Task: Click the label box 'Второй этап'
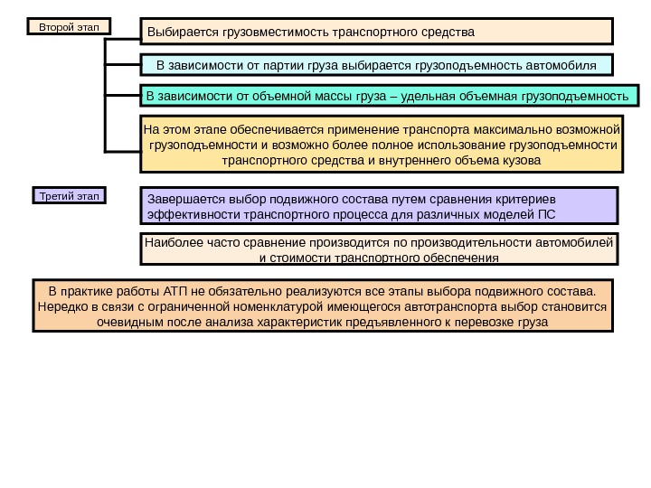click(x=69, y=27)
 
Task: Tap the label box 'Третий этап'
click(x=69, y=194)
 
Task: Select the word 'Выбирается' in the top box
click(x=180, y=33)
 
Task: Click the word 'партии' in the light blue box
click(x=294, y=66)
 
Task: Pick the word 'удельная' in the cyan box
click(x=421, y=95)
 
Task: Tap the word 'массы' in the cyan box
click(x=323, y=95)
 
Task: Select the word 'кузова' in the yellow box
click(x=520, y=161)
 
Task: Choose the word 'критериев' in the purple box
click(x=525, y=199)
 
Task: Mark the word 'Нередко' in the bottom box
click(x=61, y=306)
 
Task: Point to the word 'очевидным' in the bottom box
click(x=130, y=322)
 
